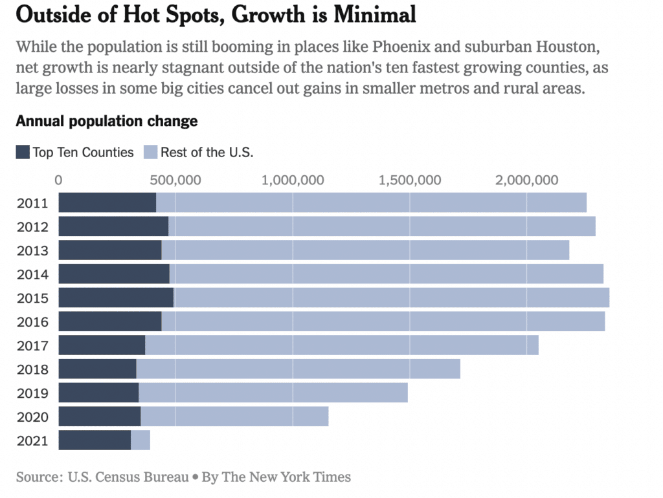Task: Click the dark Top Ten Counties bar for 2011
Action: click(107, 202)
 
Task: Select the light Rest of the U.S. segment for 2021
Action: click(140, 440)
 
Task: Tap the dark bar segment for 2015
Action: click(116, 298)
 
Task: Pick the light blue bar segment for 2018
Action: click(298, 369)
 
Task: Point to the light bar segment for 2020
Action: click(234, 416)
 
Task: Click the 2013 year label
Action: click(32, 250)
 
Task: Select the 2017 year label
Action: click(32, 345)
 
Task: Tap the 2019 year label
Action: click(32, 393)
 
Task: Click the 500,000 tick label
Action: click(175, 180)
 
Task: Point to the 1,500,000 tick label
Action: click(410, 180)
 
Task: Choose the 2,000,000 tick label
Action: click(526, 180)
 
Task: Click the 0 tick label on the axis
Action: click(59, 180)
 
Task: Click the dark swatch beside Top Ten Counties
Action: click(23, 153)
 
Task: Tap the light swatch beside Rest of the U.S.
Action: click(150, 153)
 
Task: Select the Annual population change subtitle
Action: click(107, 121)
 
